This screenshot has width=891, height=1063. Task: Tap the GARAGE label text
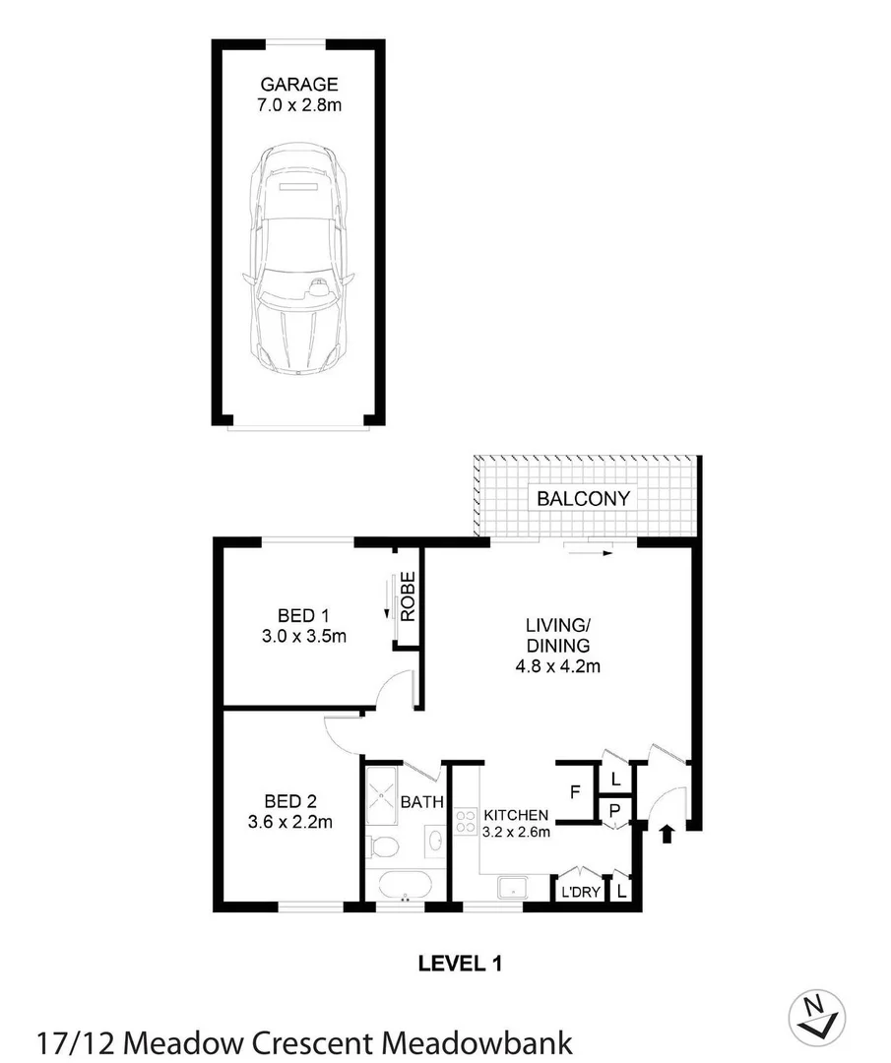pos(299,84)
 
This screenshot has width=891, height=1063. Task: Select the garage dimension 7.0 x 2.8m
pos(299,104)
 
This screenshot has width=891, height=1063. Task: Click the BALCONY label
pos(583,498)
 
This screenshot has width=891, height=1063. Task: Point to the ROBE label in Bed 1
pos(408,596)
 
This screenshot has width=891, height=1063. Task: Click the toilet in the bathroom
pos(383,845)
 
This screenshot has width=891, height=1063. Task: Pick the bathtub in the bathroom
pos(404,885)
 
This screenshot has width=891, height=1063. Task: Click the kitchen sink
pos(513,888)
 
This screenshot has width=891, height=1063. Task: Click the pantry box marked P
pos(615,810)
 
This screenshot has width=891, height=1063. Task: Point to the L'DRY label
pos(574,893)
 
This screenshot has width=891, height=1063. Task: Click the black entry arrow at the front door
pos(667,835)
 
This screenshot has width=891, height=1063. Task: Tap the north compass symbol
pos(817,1014)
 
